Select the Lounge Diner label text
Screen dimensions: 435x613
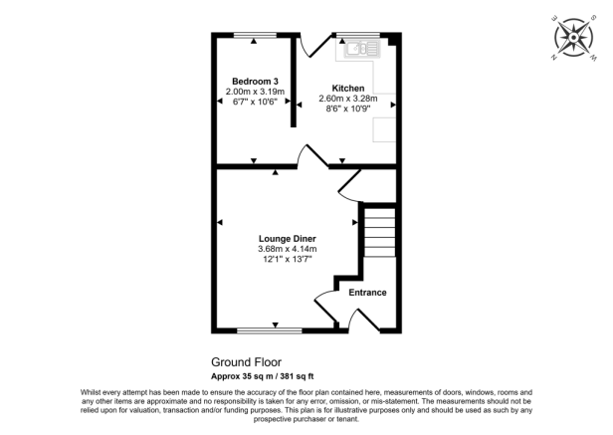pyautogui.click(x=287, y=239)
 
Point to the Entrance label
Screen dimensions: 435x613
pyautogui.click(x=366, y=293)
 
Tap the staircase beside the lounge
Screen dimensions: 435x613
pyautogui.click(x=379, y=232)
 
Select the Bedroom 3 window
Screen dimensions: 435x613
pyautogui.click(x=253, y=35)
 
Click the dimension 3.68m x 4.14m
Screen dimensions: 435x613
pyautogui.click(x=287, y=249)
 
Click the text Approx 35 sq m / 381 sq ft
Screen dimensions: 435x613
pyautogui.click(x=262, y=376)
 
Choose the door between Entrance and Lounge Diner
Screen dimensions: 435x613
pyautogui.click(x=324, y=296)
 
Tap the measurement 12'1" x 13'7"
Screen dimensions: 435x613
pyautogui.click(x=287, y=260)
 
